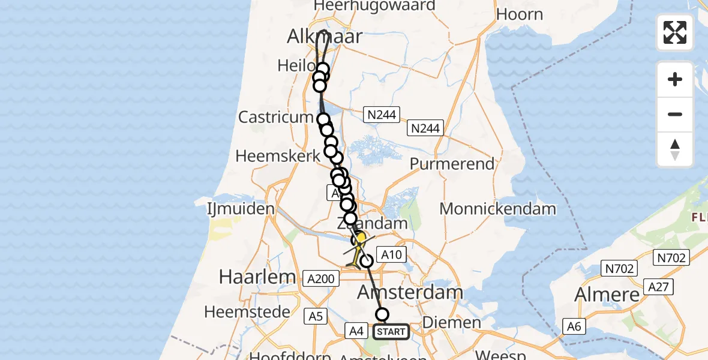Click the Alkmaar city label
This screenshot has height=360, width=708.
[x=325, y=37]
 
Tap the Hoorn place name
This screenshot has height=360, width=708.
[x=520, y=15]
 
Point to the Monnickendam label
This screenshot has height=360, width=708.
[x=497, y=209]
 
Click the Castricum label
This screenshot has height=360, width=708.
[x=276, y=116]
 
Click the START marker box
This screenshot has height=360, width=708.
[x=392, y=332]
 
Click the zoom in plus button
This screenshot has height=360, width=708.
[x=675, y=79]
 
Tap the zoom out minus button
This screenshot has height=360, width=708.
[x=675, y=114]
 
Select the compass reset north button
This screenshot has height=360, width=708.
[x=675, y=149]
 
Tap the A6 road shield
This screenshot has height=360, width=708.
[x=575, y=326]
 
